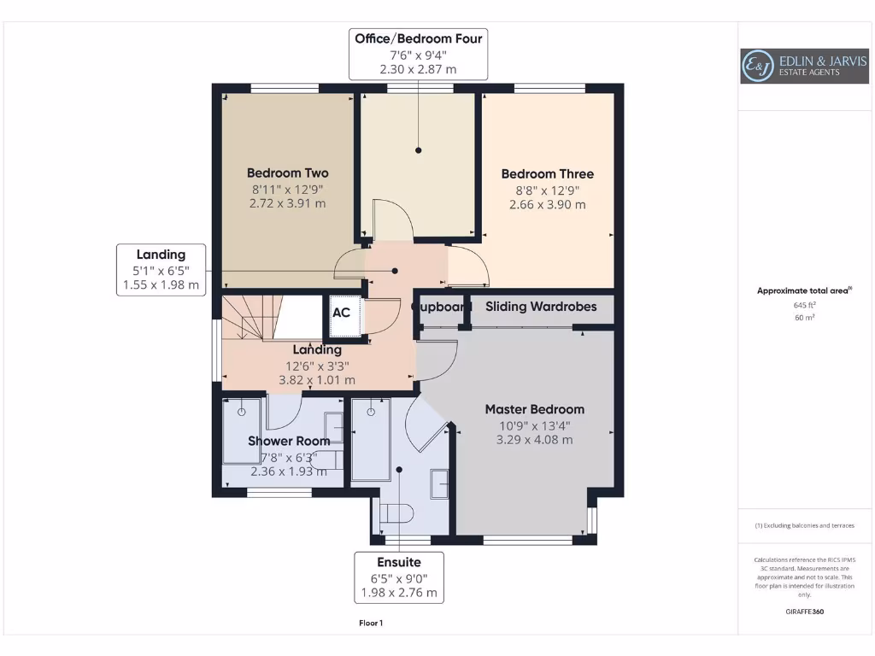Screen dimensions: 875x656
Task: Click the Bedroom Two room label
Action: (x=287, y=173)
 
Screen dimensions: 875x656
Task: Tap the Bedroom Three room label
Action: (x=548, y=174)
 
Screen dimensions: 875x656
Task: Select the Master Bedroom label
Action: (x=535, y=409)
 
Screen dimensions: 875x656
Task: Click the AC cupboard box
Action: (x=344, y=316)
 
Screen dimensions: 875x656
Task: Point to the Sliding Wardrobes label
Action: (x=541, y=307)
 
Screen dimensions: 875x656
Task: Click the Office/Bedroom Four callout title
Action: (x=419, y=38)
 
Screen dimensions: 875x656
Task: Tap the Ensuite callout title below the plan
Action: (x=399, y=562)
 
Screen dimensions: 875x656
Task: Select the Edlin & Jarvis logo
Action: (x=804, y=66)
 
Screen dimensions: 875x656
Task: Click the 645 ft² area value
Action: (x=804, y=305)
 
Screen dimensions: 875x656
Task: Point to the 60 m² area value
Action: (x=804, y=318)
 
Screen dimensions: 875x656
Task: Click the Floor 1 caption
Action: (x=371, y=623)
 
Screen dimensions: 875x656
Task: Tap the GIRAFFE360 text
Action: (x=805, y=612)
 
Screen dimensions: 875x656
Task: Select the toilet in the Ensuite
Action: (x=396, y=513)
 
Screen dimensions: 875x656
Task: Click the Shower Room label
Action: (x=289, y=442)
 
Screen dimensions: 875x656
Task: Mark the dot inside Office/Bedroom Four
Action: (x=419, y=150)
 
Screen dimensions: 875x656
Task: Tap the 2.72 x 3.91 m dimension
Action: (x=287, y=203)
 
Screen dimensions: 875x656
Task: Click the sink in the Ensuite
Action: (x=440, y=483)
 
